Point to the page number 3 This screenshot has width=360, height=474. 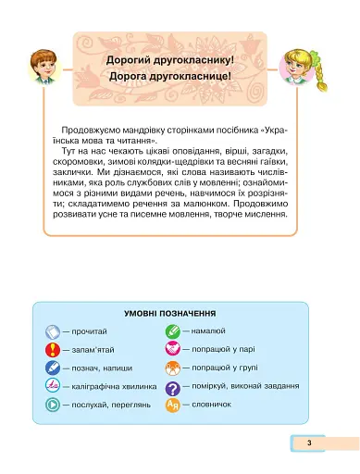coord(311,444)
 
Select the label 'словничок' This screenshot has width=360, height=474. coord(215,405)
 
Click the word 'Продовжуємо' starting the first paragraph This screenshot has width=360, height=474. coord(84,129)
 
